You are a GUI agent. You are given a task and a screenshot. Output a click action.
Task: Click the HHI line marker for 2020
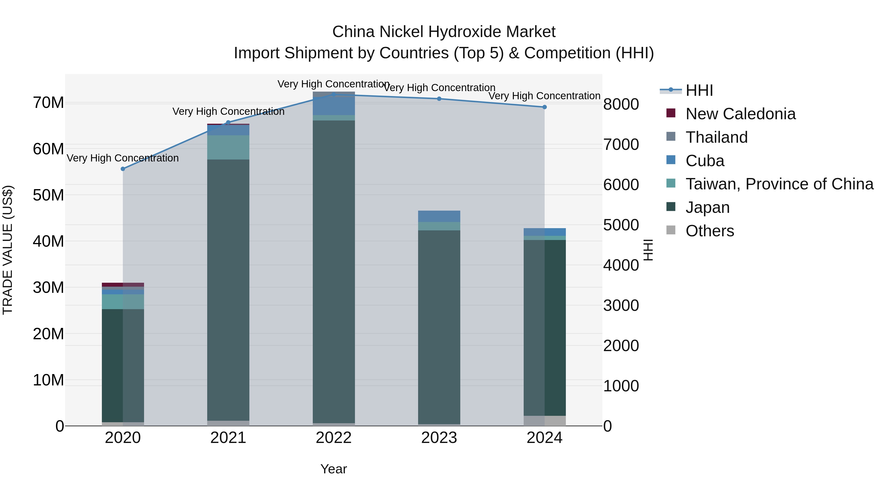coord(123,169)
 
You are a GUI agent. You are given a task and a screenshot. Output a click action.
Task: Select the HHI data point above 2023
coord(439,99)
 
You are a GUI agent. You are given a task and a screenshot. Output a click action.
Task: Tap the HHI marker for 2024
coord(544,107)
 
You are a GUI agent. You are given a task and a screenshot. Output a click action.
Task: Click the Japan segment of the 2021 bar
coord(228,290)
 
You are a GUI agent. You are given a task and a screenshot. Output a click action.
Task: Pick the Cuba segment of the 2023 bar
coord(439,216)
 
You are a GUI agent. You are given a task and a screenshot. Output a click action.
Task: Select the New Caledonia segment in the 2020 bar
coord(123,285)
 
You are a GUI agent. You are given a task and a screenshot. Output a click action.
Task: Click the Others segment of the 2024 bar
coord(544,421)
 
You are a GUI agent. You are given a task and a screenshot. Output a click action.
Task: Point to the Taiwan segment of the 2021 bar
coord(228,147)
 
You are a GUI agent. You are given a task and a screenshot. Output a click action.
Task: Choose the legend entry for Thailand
coord(716,137)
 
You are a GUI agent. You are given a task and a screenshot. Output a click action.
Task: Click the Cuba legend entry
coord(705,161)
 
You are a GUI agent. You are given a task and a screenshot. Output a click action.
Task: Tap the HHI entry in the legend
coord(699,90)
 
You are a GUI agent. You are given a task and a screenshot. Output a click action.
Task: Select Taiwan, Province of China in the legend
coord(779,184)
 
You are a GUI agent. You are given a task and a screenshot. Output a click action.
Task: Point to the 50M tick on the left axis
coord(48,195)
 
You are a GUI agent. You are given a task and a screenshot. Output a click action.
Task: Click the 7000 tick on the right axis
coord(621,145)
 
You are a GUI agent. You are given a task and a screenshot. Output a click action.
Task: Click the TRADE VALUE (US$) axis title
coord(8,250)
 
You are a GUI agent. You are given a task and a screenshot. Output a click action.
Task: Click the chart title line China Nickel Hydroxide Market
coord(444,32)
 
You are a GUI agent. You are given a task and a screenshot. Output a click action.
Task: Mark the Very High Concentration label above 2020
coord(123,158)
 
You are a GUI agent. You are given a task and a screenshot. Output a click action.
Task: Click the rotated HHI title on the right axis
coord(648,250)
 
